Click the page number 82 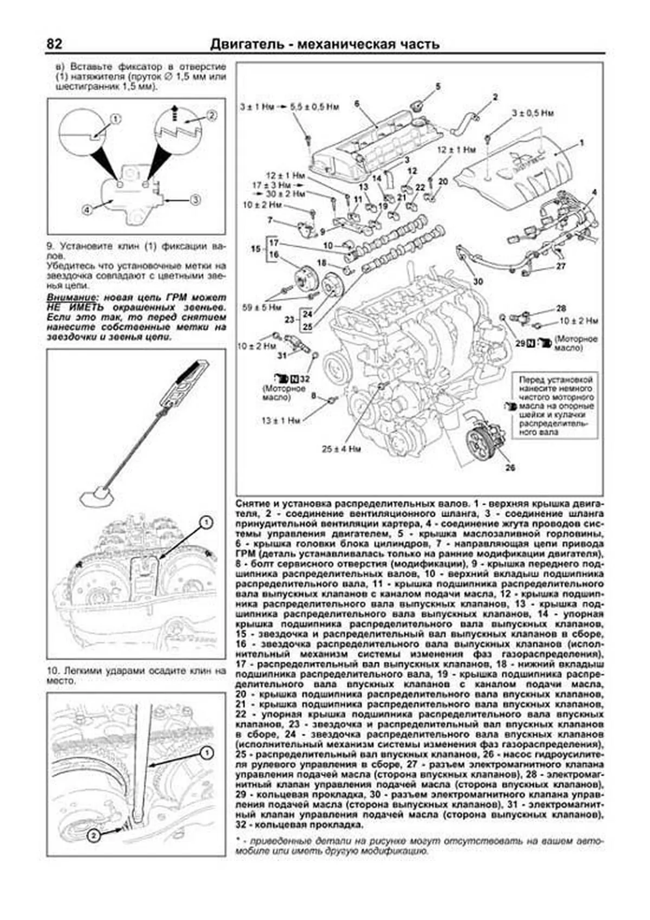click(x=55, y=43)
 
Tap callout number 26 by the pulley click(x=510, y=468)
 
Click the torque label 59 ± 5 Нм click(x=262, y=307)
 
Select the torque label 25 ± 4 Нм click(x=340, y=449)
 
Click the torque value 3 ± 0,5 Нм click(x=532, y=113)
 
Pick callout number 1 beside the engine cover click(x=582, y=143)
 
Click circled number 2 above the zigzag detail click(x=211, y=115)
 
